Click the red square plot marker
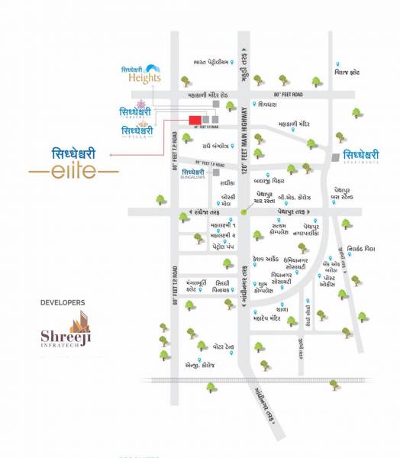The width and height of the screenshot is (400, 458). pyautogui.click(x=195, y=119)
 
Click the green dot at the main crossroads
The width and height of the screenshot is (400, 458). pyautogui.click(x=244, y=211)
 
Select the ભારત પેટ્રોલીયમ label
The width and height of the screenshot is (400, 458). pyautogui.click(x=211, y=63)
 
